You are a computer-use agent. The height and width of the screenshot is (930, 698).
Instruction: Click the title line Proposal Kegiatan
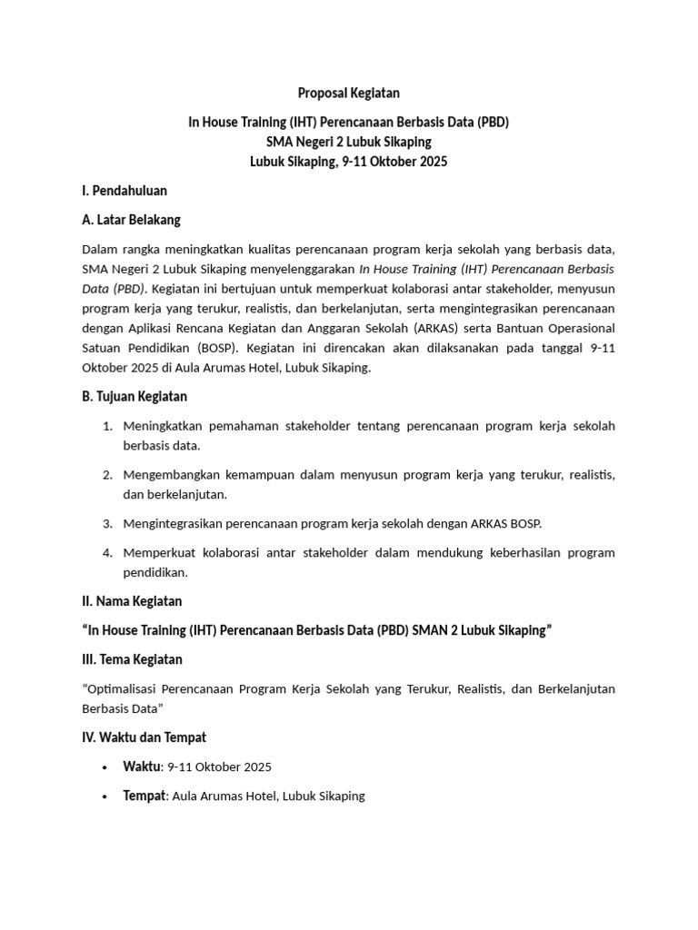pos(349,93)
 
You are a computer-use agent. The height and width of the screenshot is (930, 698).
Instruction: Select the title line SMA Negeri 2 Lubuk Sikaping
pos(349,142)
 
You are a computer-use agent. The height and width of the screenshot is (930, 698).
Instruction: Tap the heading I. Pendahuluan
pos(125,191)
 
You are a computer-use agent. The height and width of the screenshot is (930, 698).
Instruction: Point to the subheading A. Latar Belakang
pos(131,220)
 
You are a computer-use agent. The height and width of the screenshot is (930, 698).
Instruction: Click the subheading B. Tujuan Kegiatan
pos(135,396)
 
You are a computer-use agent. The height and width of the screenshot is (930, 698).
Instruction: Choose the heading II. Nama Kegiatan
pos(132,601)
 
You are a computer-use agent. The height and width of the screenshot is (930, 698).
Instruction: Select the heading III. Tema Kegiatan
pos(133,659)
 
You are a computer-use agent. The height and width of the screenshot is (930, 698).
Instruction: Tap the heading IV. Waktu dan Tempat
pos(145,737)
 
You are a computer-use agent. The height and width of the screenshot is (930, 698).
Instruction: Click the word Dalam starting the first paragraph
pos(100,249)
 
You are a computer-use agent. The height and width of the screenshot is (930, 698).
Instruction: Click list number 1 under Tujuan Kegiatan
pos(106,426)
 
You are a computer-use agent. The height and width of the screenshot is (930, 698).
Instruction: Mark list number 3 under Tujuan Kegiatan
pos(106,524)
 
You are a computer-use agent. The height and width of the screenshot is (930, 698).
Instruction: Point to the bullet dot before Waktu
pos(108,767)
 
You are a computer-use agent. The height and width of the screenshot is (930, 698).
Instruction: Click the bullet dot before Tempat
pos(108,796)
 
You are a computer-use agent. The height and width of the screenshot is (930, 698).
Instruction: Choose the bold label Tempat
pos(144,796)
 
